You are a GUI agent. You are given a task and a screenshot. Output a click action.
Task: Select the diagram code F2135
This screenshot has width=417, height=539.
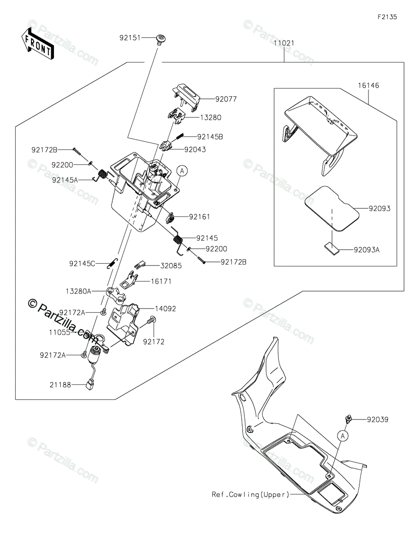click(387, 17)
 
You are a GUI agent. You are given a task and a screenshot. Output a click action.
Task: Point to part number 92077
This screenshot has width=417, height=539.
click(226, 99)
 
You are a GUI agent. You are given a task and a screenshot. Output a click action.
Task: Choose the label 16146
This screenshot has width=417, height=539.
click(368, 85)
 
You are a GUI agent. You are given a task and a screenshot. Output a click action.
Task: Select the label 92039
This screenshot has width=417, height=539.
click(377, 420)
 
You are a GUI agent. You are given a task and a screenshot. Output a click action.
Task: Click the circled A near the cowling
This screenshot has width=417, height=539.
click(342, 435)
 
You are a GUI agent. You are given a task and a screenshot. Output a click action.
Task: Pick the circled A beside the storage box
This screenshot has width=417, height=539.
click(182, 171)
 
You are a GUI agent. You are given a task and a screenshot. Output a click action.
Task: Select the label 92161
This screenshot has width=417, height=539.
click(199, 217)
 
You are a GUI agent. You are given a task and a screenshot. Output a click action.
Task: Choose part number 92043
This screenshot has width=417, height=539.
click(195, 150)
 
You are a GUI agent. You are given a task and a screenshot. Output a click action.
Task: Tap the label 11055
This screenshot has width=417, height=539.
click(59, 332)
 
